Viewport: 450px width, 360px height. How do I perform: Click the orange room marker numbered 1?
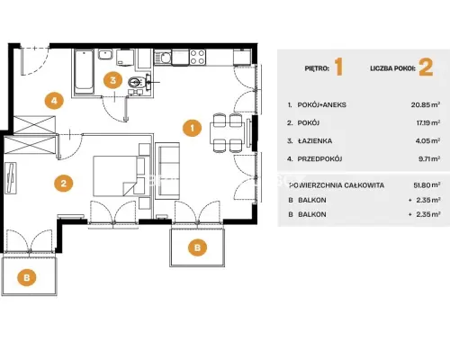(x=192, y=128)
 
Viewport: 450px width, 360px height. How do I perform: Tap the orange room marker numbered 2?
(x=64, y=183)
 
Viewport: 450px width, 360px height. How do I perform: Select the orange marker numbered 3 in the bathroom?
(x=112, y=80)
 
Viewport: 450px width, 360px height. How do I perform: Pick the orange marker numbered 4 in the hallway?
(x=54, y=101)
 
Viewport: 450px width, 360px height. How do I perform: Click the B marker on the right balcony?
(x=197, y=247)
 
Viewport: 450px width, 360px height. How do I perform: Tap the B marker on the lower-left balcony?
(x=27, y=277)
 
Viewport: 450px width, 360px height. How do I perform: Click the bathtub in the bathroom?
(x=84, y=72)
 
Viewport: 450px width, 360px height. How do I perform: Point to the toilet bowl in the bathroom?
(x=137, y=81)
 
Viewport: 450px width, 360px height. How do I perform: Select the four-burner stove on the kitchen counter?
(x=198, y=57)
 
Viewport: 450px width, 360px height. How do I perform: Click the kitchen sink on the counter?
(x=163, y=57)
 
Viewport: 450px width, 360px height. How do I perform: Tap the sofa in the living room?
(x=167, y=171)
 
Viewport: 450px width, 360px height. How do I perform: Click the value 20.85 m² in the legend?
(x=426, y=104)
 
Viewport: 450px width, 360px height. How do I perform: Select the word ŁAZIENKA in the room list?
(x=315, y=141)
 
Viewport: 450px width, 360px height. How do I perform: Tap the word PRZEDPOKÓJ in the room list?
(x=319, y=159)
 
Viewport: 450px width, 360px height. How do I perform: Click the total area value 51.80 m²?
(x=427, y=185)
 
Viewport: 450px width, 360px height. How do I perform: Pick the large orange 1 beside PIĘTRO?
(x=338, y=67)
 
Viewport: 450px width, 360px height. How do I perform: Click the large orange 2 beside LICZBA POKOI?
(x=426, y=67)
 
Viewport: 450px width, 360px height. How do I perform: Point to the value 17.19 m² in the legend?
(x=428, y=122)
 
